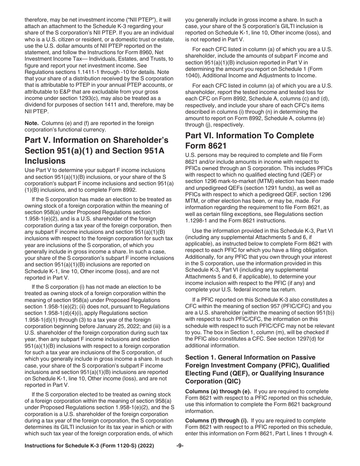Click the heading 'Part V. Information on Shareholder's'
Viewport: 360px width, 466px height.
[x=97, y=140]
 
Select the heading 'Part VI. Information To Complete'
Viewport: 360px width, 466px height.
[x=250, y=136]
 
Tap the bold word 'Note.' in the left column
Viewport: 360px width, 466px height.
[x=32, y=123]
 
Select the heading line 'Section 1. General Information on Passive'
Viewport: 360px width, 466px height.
[x=250, y=357]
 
